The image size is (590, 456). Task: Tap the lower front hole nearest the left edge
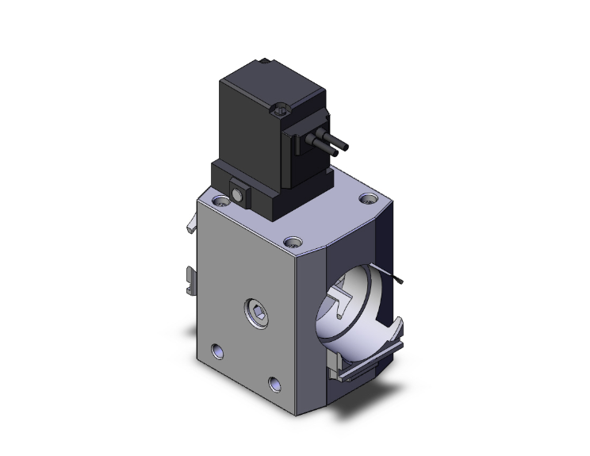pyautogui.click(x=217, y=349)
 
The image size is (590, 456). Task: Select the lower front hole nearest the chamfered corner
pyautogui.click(x=275, y=383)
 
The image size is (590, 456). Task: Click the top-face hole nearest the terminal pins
pyautogui.click(x=367, y=198)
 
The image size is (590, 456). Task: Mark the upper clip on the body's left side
pyautogui.click(x=190, y=226)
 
